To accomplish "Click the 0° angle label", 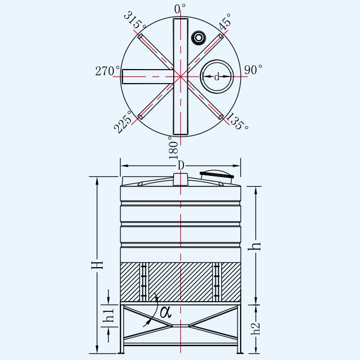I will (180, 9).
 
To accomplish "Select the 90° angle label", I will (253, 70).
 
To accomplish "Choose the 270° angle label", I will (107, 71).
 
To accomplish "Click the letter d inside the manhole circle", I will (217, 77).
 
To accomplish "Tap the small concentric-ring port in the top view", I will (199, 38).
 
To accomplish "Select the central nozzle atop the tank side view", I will (181, 180).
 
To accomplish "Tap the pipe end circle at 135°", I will (221, 117).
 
